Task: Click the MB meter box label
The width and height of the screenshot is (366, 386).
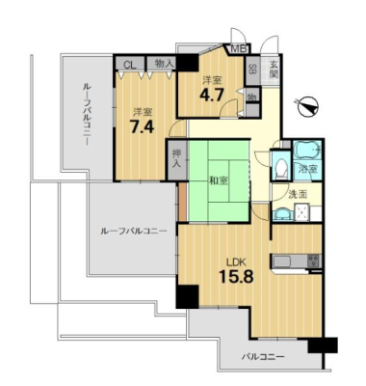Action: click(239, 49)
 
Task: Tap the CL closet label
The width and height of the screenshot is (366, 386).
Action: click(130, 65)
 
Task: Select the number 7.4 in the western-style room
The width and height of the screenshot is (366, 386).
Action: click(142, 126)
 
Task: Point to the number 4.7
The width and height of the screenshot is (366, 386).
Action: click(212, 95)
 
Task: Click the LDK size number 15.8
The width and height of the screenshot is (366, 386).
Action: click(236, 276)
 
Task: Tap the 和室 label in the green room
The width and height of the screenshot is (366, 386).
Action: click(219, 181)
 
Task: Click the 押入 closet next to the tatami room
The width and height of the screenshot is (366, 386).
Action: click(176, 159)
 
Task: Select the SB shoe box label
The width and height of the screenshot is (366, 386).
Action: click(252, 69)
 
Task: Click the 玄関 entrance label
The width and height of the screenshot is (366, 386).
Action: click(274, 69)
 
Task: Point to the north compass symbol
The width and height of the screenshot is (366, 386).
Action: click(307, 107)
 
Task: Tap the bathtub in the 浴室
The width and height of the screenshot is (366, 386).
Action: click(308, 151)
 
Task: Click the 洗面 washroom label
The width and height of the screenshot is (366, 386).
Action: click(298, 194)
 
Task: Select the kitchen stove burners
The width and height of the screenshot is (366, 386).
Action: click(314, 261)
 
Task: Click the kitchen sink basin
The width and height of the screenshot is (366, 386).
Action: click(282, 262)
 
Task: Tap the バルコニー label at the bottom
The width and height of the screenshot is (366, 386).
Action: click(263, 357)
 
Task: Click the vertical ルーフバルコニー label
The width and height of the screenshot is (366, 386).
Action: click(87, 114)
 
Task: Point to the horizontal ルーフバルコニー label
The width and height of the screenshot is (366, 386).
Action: click(134, 231)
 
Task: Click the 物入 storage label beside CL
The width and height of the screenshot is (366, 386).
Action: click(164, 64)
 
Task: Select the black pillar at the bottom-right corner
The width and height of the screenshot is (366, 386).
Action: click(323, 345)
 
